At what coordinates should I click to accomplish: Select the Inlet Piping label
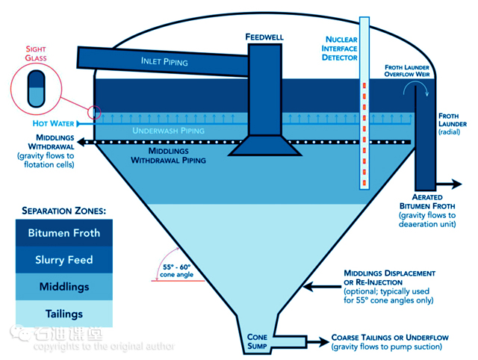(163, 60)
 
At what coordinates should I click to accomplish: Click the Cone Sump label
(258, 341)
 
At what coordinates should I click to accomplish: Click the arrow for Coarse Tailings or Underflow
(317, 342)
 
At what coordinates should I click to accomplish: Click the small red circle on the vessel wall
(94, 113)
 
